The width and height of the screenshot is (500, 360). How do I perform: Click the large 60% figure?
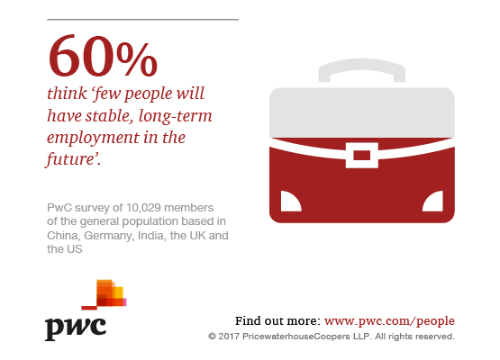pyautogui.click(x=103, y=56)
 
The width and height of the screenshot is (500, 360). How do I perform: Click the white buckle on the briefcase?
pyautogui.click(x=362, y=155)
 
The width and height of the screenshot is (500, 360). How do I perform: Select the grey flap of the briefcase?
pyautogui.click(x=362, y=112)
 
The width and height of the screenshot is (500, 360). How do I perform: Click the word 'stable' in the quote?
pyautogui.click(x=108, y=115)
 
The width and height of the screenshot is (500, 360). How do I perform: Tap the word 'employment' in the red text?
pyautogui.click(x=93, y=139)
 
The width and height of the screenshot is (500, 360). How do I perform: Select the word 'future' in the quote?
pyautogui.click(x=70, y=159)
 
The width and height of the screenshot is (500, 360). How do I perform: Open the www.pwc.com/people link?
pyautogui.click(x=389, y=321)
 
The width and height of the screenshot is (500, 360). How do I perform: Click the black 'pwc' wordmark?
pyautogui.click(x=76, y=328)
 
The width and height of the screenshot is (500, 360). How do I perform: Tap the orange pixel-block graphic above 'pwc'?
pyautogui.click(x=105, y=294)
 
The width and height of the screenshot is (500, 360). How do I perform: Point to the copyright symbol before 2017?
pyautogui.click(x=212, y=337)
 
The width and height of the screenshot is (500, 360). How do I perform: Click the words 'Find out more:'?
pyautogui.click(x=277, y=320)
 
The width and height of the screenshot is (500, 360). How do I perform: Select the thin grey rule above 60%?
pyautogui.click(x=143, y=20)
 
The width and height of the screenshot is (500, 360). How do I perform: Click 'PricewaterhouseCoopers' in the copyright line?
pyautogui.click(x=295, y=337)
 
